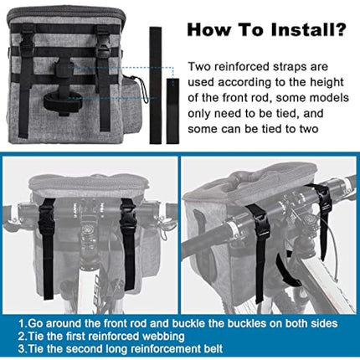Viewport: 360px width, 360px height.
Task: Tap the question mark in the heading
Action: tap(341, 29)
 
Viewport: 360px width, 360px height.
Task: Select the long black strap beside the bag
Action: tap(156, 85)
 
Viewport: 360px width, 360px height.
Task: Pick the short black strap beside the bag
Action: tap(172, 111)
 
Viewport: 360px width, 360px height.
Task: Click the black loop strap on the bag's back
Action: tap(63, 100)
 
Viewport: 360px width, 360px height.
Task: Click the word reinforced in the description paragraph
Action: tap(242, 67)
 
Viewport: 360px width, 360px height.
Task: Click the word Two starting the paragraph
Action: tap(199, 67)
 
